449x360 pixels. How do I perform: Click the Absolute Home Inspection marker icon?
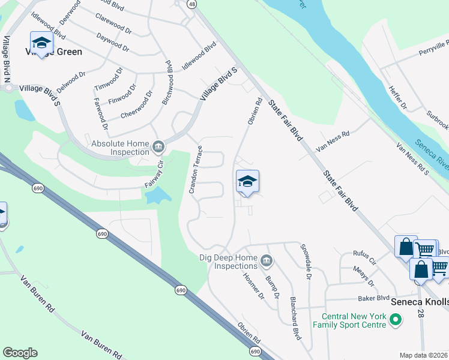click(158, 146)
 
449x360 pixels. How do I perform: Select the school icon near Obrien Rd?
click(247, 182)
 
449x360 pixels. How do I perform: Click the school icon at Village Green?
click(41, 43)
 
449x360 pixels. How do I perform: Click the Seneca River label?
click(432, 154)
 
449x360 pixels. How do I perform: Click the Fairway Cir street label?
click(154, 173)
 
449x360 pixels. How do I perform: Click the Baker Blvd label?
click(374, 298)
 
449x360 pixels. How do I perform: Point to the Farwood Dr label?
click(100, 113)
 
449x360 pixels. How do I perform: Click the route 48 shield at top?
click(191, 4)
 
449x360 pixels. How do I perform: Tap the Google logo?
click(20, 353)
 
